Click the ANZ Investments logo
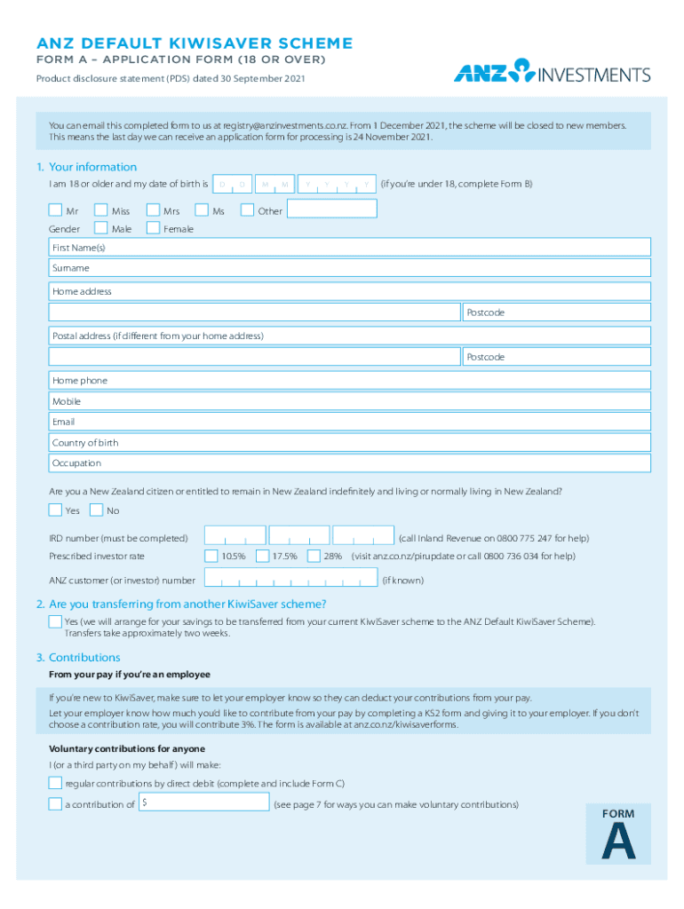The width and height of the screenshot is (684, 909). (552, 72)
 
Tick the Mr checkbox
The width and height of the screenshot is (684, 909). (56, 211)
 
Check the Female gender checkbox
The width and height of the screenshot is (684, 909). (153, 229)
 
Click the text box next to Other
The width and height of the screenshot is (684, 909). (332, 209)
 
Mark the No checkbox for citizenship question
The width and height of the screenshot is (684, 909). (96, 510)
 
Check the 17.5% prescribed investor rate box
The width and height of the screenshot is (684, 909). (262, 557)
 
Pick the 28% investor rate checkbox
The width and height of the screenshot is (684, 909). (314, 557)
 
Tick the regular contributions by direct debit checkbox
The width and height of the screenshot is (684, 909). (55, 783)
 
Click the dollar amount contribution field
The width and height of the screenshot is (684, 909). (204, 803)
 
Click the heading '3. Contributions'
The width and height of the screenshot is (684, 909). (78, 658)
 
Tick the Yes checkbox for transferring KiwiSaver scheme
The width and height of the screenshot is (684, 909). (55, 621)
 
